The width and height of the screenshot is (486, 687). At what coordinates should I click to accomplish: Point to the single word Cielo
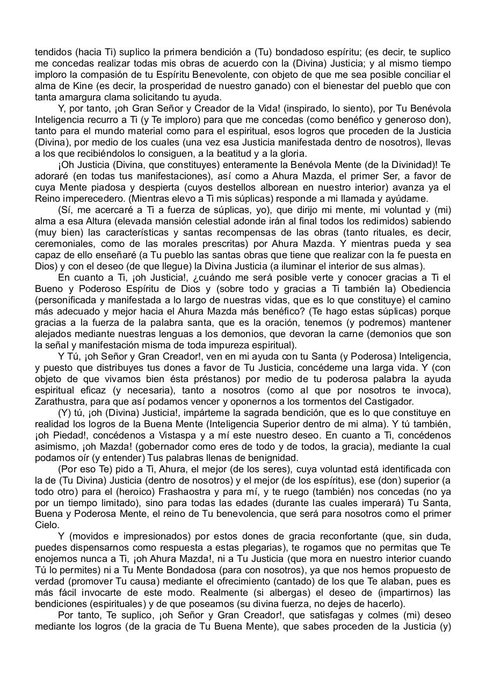tap(47, 525)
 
